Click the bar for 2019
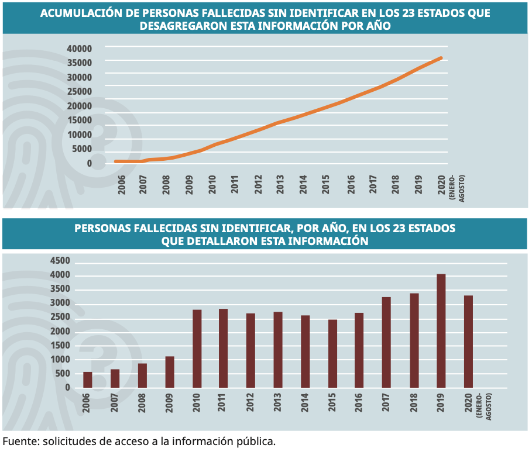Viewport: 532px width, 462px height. point(441,331)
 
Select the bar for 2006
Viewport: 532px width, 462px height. point(88,380)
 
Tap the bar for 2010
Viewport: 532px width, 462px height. point(197,349)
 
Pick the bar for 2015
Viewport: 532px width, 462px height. point(332,353)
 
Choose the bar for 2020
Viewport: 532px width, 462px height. point(468,342)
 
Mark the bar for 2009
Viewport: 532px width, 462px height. point(170,372)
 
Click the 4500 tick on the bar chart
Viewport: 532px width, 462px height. point(60,261)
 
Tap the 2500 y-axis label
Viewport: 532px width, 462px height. point(60,318)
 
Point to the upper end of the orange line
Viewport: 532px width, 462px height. point(441,58)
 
